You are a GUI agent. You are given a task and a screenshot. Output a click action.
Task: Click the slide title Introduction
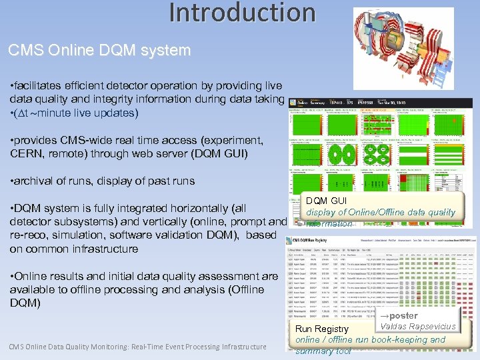pos(241,13)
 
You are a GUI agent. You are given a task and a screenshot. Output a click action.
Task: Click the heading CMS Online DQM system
pos(99,51)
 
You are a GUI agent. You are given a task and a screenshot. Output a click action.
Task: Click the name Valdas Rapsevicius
pos(417,326)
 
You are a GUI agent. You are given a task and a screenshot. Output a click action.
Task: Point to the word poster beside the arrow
pos(403,315)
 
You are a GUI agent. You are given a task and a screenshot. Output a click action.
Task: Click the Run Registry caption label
pos(322,329)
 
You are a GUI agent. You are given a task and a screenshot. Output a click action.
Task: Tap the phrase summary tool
pos(323,351)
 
